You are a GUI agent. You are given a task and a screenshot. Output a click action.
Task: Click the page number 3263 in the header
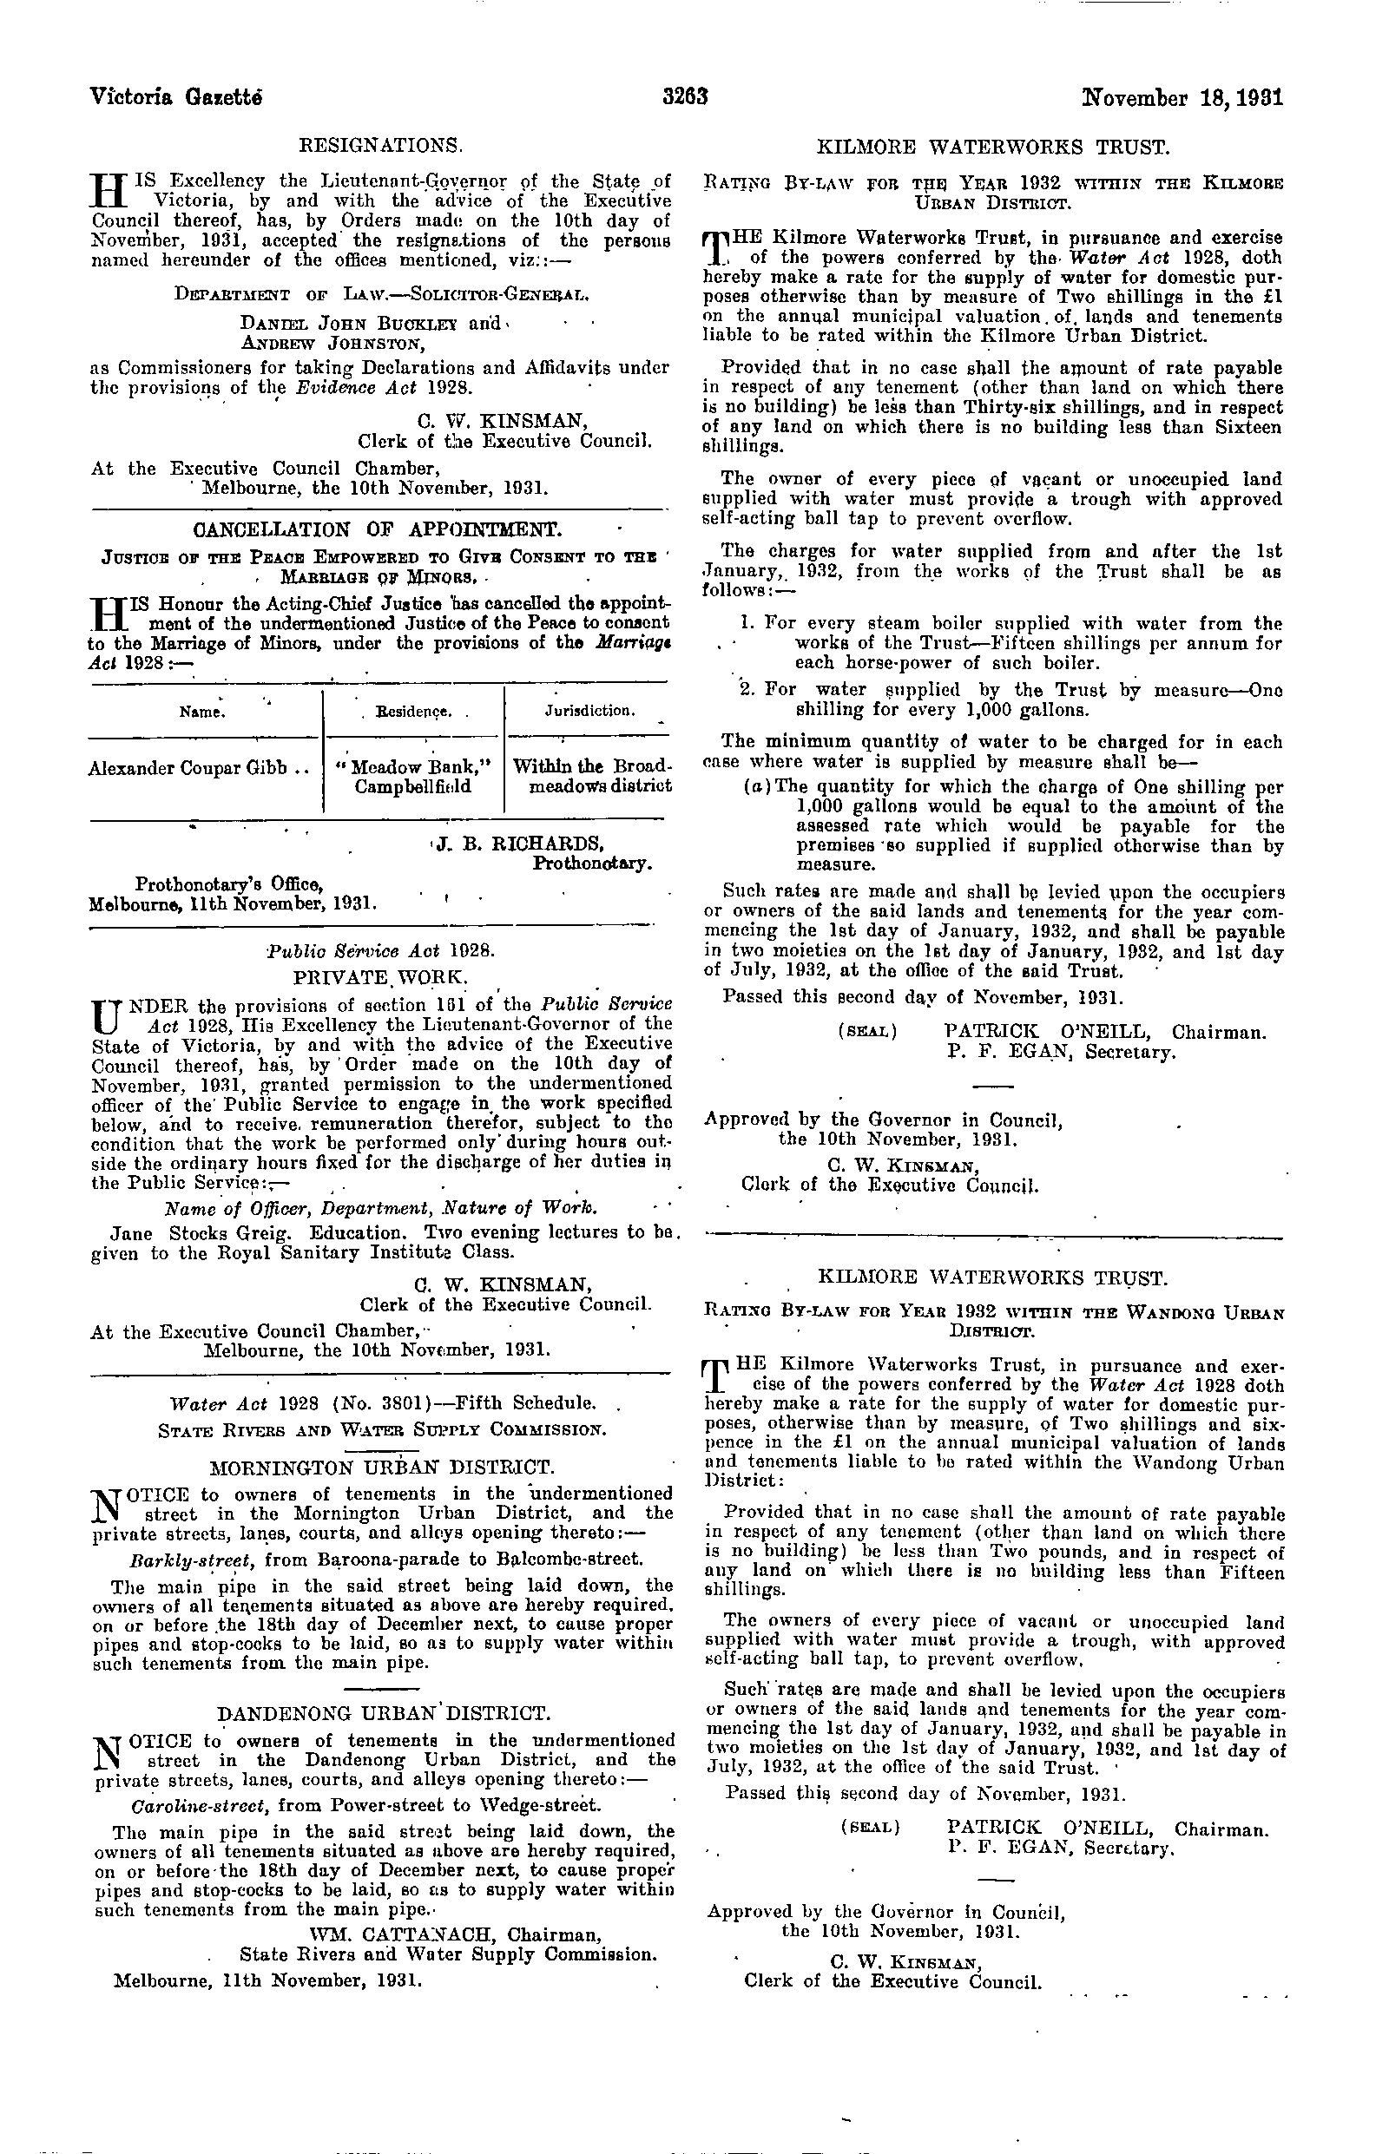(x=686, y=96)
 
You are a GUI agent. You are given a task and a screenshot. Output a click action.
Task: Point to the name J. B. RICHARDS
(x=518, y=844)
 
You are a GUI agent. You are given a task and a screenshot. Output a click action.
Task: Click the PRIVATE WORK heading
(x=380, y=977)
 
